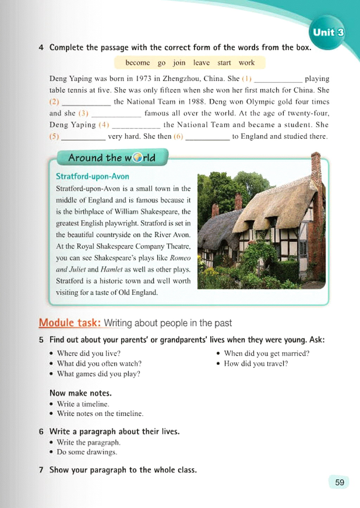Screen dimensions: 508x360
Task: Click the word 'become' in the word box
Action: coord(137,63)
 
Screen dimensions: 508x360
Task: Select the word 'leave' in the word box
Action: coord(201,63)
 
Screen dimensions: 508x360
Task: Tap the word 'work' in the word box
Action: coord(246,63)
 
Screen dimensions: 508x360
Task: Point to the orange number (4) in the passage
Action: coord(104,125)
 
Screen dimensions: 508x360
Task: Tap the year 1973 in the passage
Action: coord(143,78)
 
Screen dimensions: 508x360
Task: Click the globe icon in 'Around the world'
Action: coord(137,158)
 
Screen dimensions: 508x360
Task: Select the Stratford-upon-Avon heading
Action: coord(92,176)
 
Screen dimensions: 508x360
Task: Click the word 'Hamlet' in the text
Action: coord(111,269)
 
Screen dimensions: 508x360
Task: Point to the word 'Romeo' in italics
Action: coord(180,258)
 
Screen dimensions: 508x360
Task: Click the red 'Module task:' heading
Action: coord(70,322)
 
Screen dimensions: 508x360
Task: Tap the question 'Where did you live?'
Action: coord(89,353)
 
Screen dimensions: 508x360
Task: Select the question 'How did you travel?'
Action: coord(256,364)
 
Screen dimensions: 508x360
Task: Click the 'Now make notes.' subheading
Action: coord(81,393)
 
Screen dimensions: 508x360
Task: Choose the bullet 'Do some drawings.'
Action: coord(87,452)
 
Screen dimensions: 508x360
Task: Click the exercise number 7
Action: coord(41,470)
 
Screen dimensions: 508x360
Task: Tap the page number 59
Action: coord(339,482)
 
